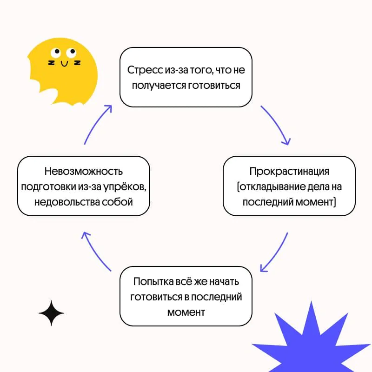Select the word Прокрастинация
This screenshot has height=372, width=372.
[x=289, y=172]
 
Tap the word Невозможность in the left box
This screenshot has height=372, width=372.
[x=84, y=171]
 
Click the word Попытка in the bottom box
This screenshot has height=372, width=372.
[x=153, y=282]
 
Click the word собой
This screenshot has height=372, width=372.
[x=117, y=202]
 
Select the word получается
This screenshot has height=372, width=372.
[x=159, y=86]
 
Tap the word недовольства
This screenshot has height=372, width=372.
[x=67, y=202]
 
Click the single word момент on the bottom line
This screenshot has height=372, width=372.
[x=186, y=312]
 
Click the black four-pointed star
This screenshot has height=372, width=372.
[x=51, y=313]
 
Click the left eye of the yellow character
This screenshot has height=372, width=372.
[x=56, y=53]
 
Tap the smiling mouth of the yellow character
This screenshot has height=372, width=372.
[x=64, y=64]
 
